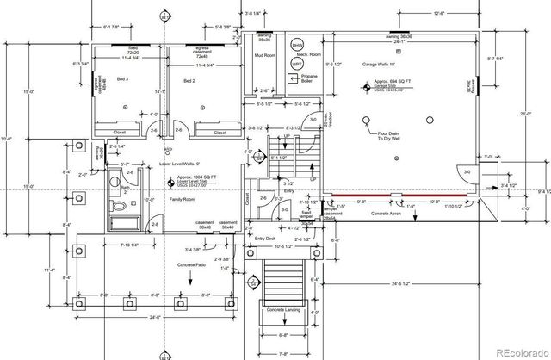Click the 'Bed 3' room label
coord(123,78)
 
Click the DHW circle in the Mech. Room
coord(297,45)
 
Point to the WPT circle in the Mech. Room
coord(297,63)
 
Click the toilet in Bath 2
coord(121,208)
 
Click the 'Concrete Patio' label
coord(191,264)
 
